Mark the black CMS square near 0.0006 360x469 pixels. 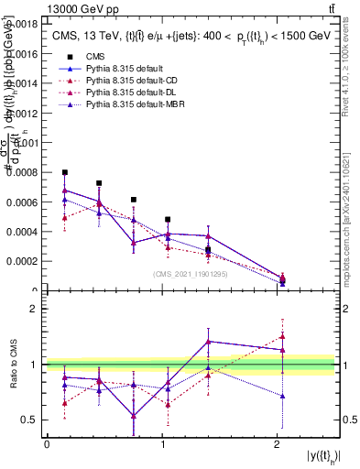pyautogui.click(x=134, y=200)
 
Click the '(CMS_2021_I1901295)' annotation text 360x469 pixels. pyautogui.click(x=191, y=274)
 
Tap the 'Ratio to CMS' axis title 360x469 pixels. pyautogui.click(x=13, y=365)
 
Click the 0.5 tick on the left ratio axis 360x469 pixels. pyautogui.click(x=29, y=420)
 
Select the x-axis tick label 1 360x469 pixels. pyautogui.click(x=162, y=443)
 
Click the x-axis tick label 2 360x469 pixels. pyautogui.click(x=278, y=443)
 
